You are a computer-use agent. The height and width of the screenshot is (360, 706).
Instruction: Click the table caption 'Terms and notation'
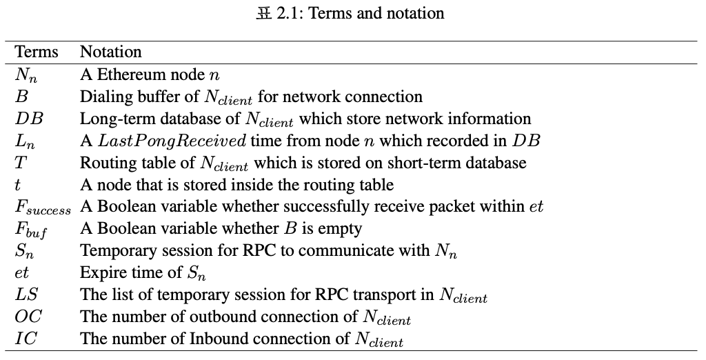pyautogui.click(x=376, y=13)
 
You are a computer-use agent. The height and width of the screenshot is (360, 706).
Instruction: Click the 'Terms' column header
pyautogui.click(x=37, y=52)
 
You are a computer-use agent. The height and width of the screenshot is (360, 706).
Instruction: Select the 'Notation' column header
pyautogui.click(x=111, y=52)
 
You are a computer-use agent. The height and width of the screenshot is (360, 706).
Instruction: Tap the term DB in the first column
pyautogui.click(x=29, y=119)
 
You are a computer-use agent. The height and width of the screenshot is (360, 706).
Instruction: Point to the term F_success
pyautogui.click(x=43, y=208)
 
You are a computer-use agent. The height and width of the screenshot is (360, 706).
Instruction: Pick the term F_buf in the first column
pyautogui.click(x=31, y=230)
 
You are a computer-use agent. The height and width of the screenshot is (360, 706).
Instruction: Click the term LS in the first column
pyautogui.click(x=26, y=294)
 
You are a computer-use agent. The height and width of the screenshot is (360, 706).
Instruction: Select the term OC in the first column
pyautogui.click(x=28, y=317)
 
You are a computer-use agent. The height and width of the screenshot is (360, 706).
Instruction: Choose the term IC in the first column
pyautogui.click(x=26, y=339)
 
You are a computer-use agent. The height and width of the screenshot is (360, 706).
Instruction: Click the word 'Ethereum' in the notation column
pyautogui.click(x=128, y=74)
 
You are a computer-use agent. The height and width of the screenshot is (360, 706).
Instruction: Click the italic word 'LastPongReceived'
pyautogui.click(x=172, y=141)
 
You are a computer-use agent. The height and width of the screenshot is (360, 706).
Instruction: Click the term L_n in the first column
pyautogui.click(x=25, y=141)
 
